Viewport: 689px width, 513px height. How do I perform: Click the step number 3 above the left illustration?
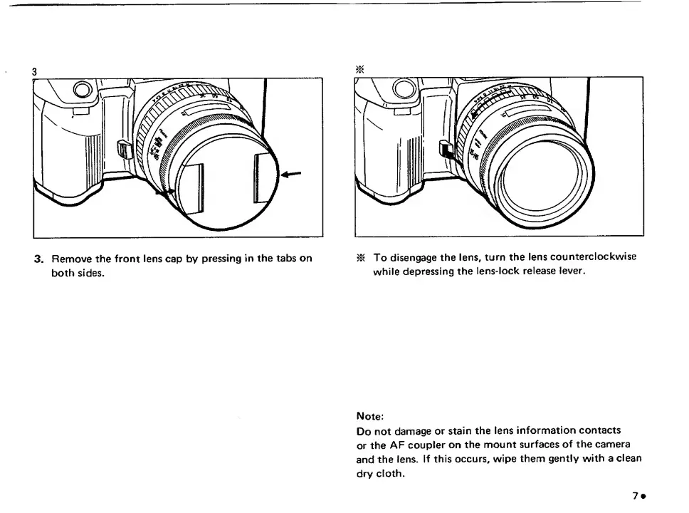[34, 71]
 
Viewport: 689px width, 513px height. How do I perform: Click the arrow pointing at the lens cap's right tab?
[291, 173]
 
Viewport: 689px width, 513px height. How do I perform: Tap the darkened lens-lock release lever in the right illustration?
[446, 151]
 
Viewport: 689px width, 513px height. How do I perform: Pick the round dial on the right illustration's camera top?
[404, 88]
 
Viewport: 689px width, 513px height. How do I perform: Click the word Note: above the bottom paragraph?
[369, 415]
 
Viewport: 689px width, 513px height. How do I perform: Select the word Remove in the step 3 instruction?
[69, 258]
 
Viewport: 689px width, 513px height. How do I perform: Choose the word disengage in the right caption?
[412, 258]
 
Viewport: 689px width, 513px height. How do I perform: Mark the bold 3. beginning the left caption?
[40, 258]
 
